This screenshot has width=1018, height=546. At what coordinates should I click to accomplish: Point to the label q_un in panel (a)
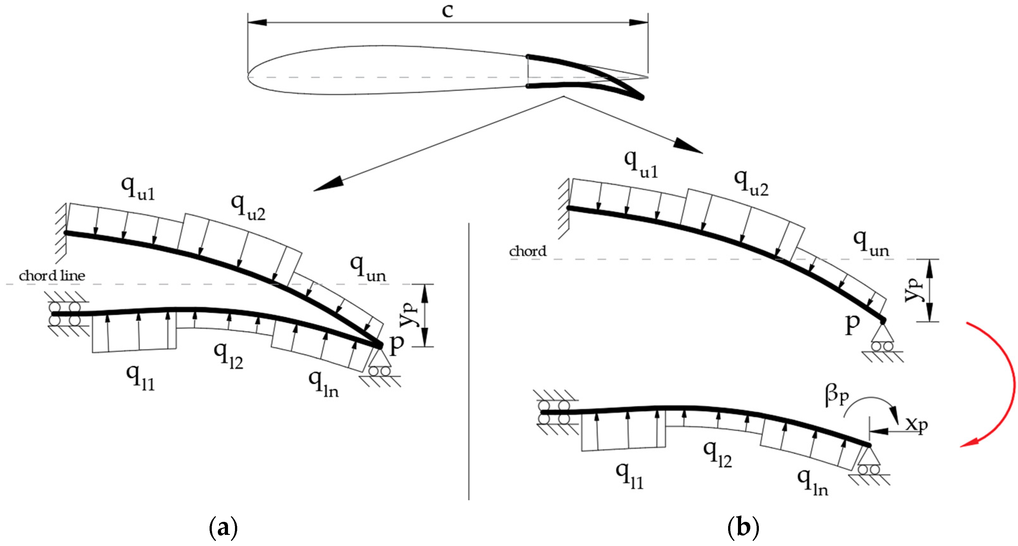point(367,269)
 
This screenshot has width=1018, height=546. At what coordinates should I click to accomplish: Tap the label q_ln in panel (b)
point(812,483)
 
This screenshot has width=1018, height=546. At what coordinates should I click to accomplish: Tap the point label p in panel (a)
point(396,344)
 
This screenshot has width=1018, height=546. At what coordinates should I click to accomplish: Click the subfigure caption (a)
point(223,528)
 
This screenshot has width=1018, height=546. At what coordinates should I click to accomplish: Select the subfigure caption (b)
point(743,528)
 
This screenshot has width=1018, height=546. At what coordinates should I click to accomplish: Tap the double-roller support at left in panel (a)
point(64,314)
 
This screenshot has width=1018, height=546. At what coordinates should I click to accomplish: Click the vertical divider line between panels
point(469,362)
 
